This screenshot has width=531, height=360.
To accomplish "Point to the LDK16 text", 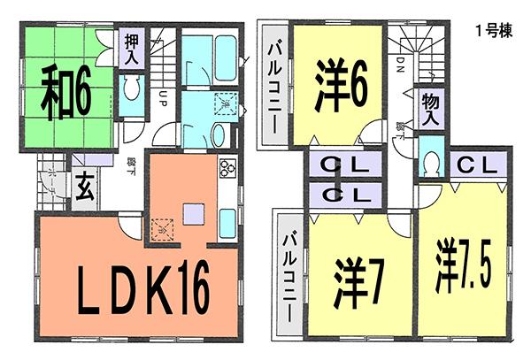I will tap(137, 288).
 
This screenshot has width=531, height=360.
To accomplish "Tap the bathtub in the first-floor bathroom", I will tap(213, 57).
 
